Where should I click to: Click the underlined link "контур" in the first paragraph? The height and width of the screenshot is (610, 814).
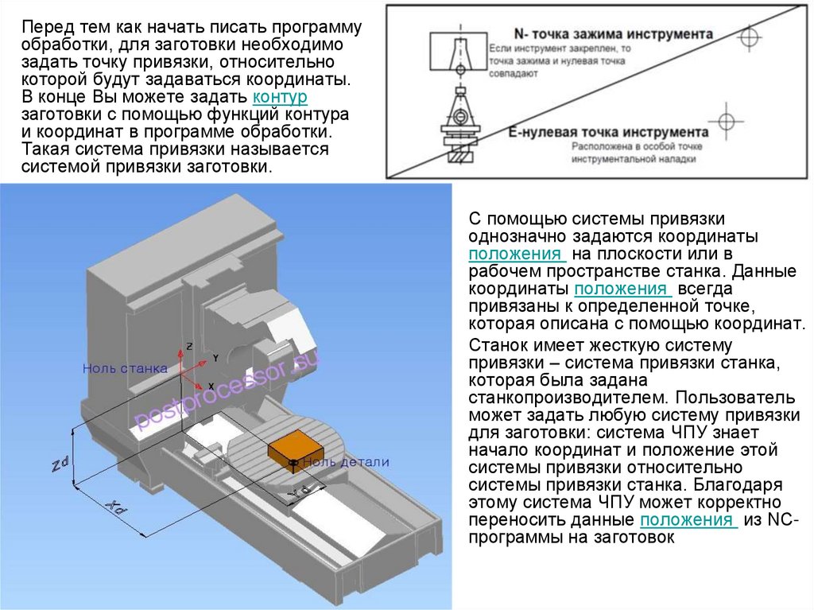pos(279,97)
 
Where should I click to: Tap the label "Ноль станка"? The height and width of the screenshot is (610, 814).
pos(126,368)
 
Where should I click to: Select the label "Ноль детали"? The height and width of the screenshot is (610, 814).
pos(345,462)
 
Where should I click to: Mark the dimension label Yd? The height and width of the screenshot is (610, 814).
pos(300,491)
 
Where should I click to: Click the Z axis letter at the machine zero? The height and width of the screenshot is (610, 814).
pos(190,347)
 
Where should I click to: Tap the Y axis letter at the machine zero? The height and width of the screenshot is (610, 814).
pos(215,359)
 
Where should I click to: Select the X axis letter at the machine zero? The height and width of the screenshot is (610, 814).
pos(211,386)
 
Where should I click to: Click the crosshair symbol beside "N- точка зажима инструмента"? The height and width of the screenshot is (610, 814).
pos(748,37)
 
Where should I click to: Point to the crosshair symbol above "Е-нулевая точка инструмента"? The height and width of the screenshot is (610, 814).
pos(725,121)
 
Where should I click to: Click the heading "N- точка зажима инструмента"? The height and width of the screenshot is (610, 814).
pos(613,35)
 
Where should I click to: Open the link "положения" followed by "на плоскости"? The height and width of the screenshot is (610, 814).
pos(516,254)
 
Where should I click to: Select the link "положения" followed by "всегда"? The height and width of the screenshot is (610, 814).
pos(622,289)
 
